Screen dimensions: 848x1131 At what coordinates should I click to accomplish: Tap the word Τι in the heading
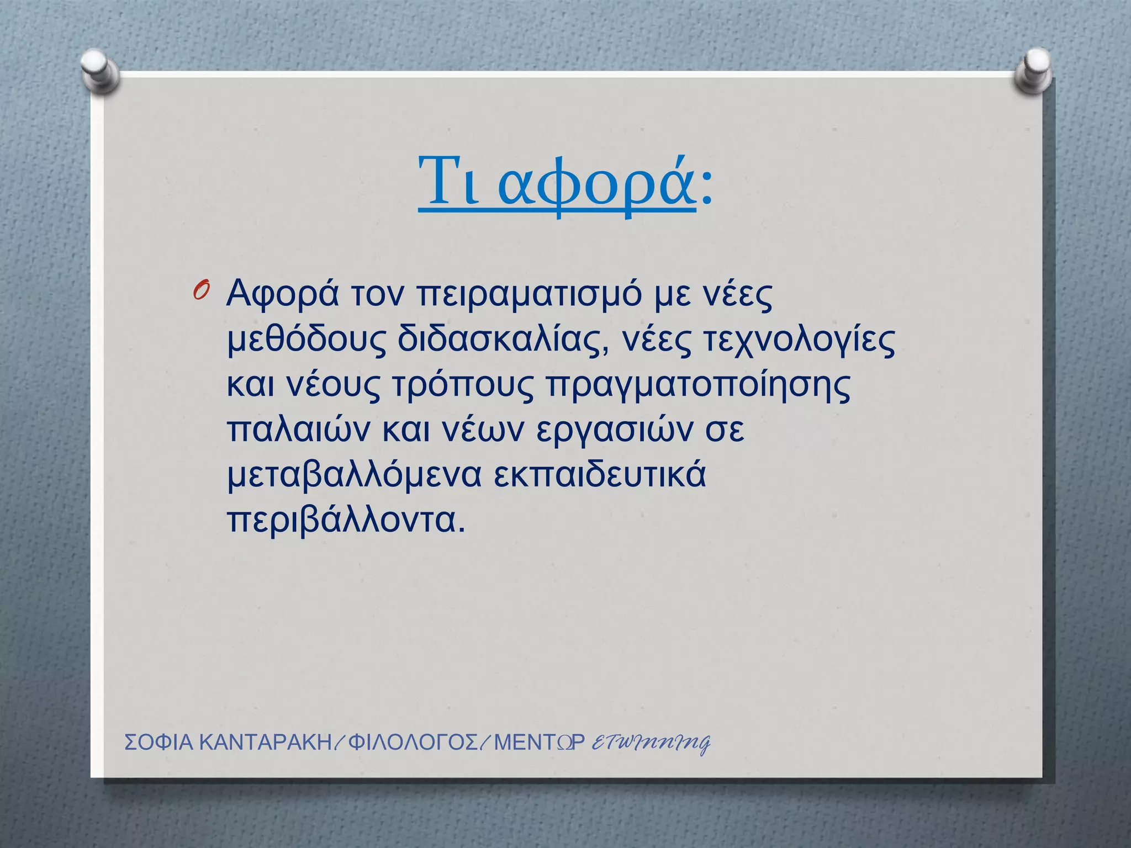coord(447,182)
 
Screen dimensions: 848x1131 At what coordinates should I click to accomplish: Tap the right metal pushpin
coord(1033,68)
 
